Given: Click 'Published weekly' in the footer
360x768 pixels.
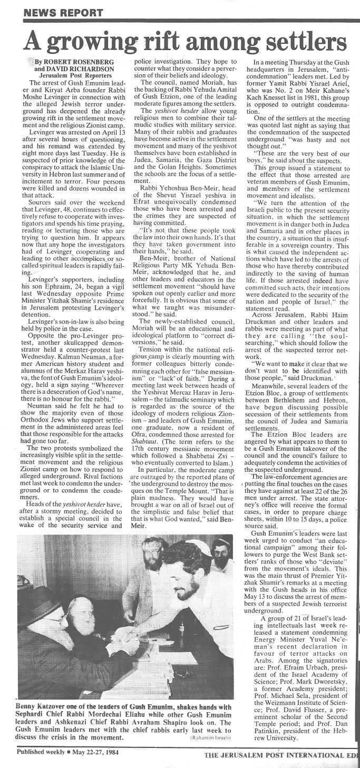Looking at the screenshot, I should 40,752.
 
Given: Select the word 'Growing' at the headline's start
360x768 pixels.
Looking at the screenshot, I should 93,40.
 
